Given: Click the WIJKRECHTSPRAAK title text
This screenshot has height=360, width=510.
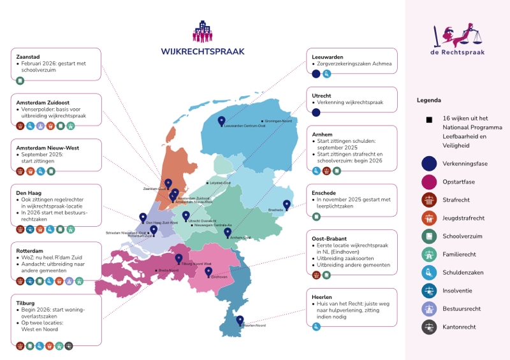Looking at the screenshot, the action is [x=203, y=52].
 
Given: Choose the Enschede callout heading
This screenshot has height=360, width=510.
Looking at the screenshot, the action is [x=324, y=192].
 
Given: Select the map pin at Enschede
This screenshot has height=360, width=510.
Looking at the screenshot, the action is [x=287, y=205].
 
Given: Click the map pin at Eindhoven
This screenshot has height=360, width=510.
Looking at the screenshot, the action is [x=208, y=271].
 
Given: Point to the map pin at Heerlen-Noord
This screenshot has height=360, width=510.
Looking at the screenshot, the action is [x=240, y=320].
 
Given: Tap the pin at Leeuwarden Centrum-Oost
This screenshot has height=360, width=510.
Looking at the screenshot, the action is [x=222, y=120].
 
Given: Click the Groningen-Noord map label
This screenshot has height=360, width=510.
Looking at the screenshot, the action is [x=278, y=121].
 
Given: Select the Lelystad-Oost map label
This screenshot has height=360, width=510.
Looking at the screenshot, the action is [x=220, y=183].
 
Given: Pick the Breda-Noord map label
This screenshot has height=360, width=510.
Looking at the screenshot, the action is [x=168, y=270].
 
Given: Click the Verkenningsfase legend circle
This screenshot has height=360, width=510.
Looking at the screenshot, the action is [x=429, y=163].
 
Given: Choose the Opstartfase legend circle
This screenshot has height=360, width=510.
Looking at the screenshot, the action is [x=429, y=182].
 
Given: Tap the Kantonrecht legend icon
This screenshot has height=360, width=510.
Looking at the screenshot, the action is [x=429, y=327].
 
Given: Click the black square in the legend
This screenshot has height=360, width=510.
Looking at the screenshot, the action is [x=429, y=119].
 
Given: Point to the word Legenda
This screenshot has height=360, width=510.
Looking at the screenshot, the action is [x=429, y=100].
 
